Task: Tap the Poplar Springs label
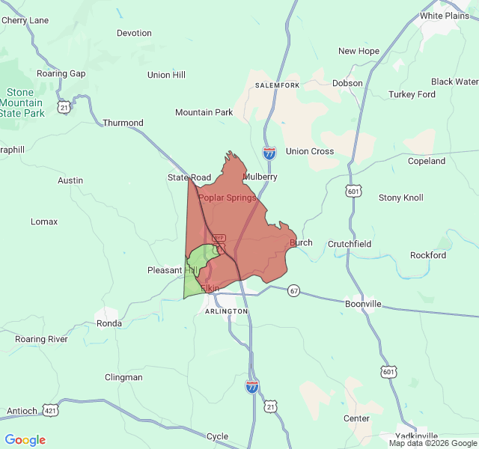[x=227, y=198]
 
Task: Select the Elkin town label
[x=210, y=288]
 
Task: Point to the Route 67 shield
[x=294, y=290]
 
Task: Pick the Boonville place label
[x=363, y=304]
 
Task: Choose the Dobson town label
[x=347, y=83]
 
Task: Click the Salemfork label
[x=277, y=86]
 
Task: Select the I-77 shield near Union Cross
[x=269, y=153]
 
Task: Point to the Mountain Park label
[x=204, y=112]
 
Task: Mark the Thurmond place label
[x=123, y=123]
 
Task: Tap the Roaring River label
[x=41, y=339]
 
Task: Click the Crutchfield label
[x=350, y=244]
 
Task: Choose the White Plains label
[x=445, y=16]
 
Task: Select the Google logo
[x=25, y=440]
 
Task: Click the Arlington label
[x=226, y=311]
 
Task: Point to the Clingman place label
[x=123, y=377]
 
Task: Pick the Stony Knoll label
[x=400, y=198]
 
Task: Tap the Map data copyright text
[x=433, y=443]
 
